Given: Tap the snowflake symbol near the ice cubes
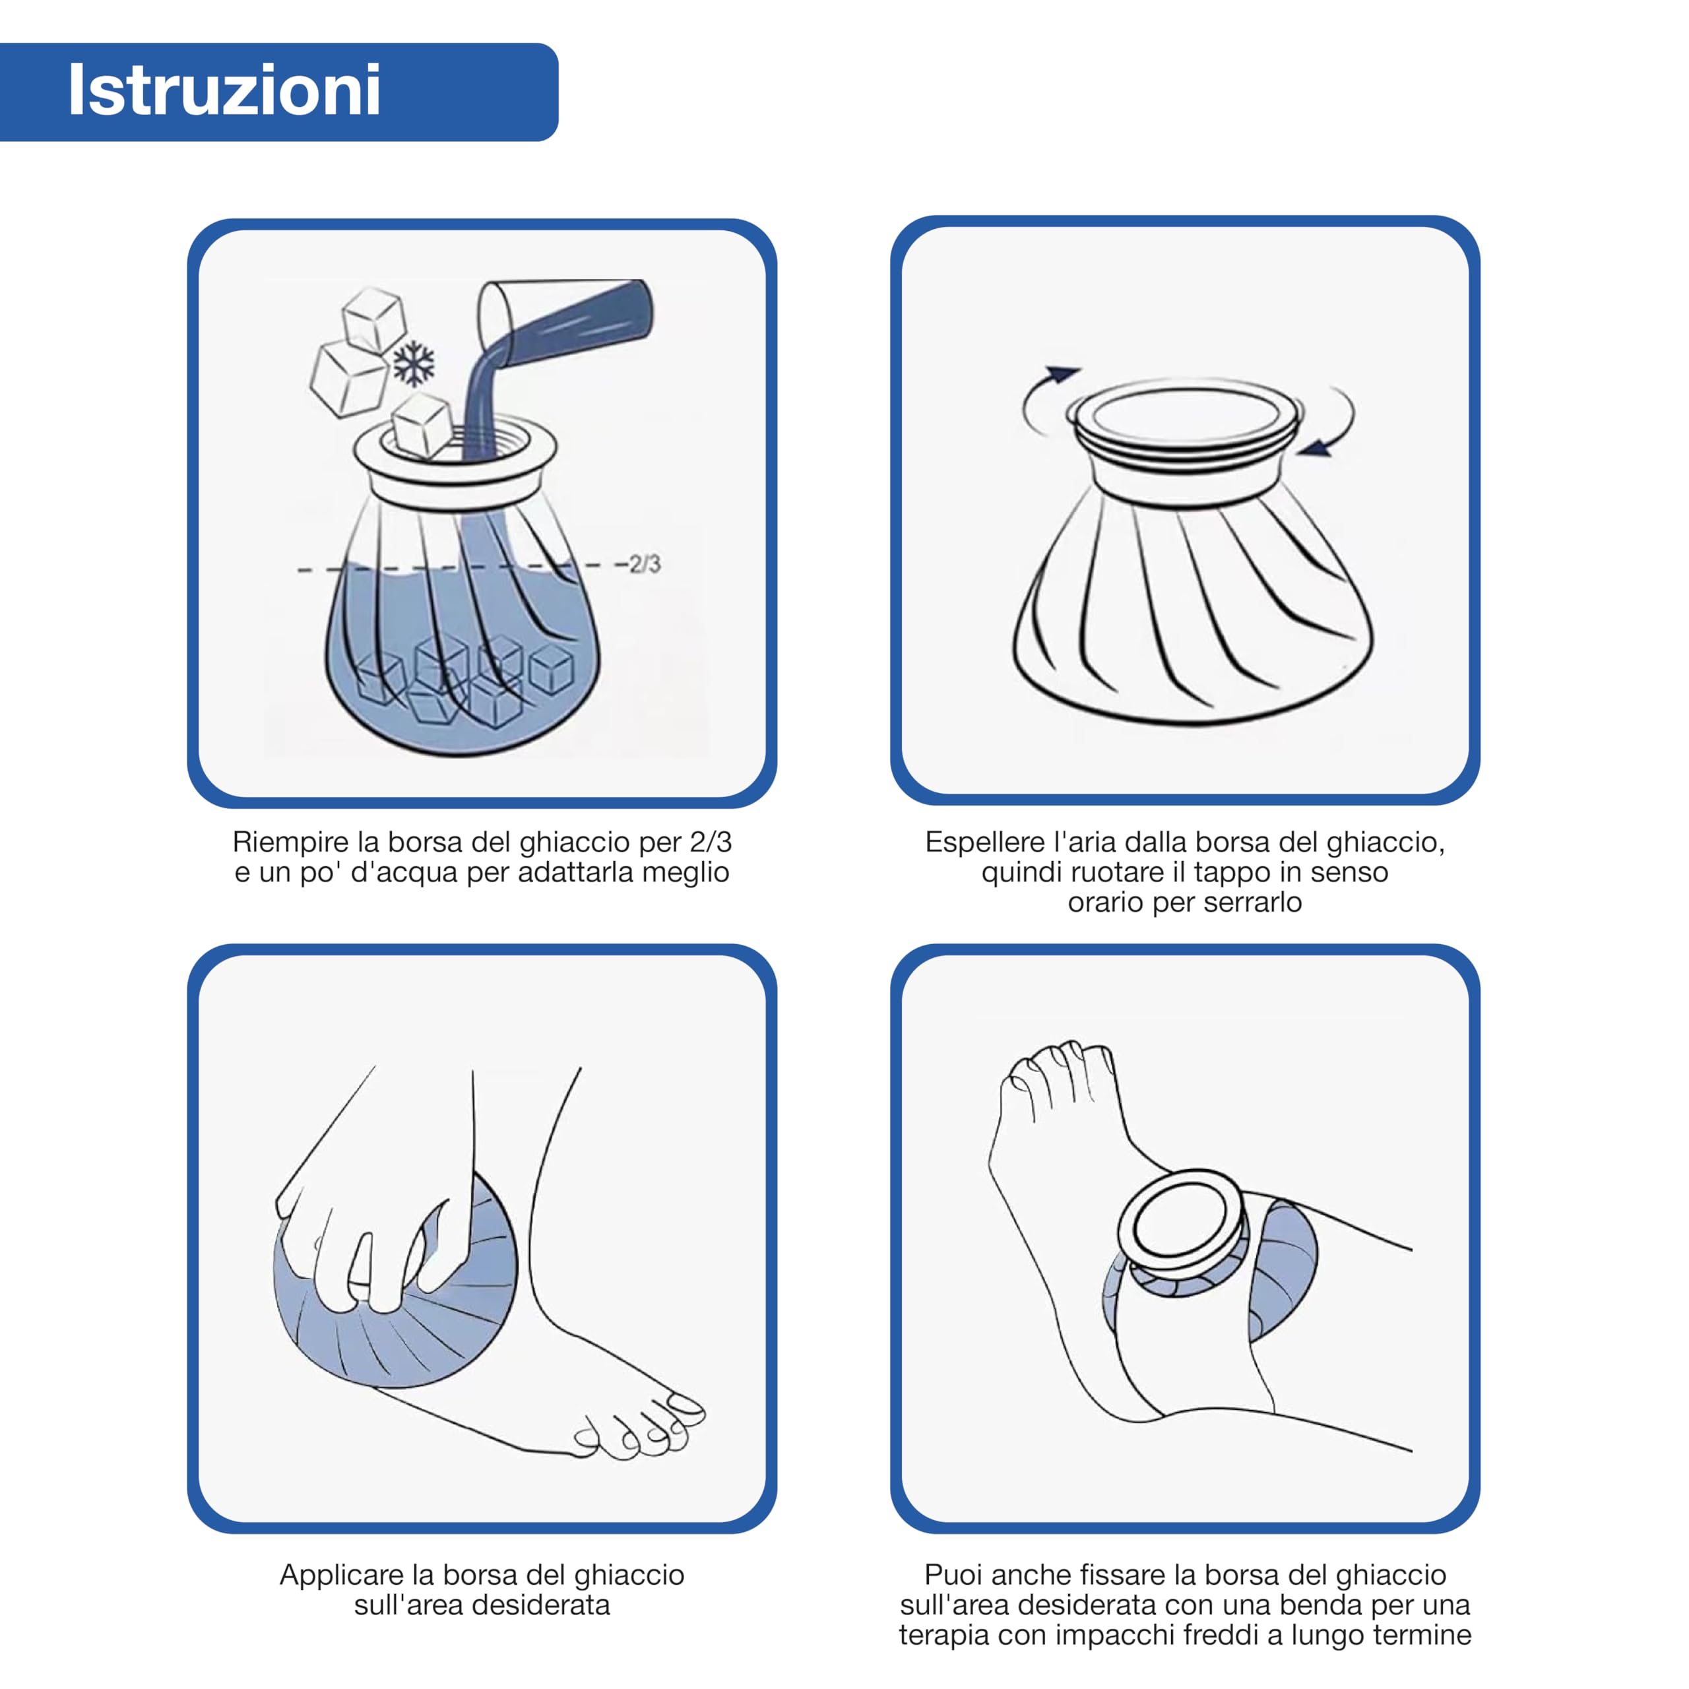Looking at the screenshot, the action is click(x=414, y=364).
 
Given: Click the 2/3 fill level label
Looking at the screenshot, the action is click(x=645, y=564).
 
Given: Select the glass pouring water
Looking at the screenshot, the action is click(x=564, y=319).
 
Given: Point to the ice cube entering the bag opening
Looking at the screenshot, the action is click(x=422, y=426).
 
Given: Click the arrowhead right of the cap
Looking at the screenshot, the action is click(x=1315, y=447).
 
